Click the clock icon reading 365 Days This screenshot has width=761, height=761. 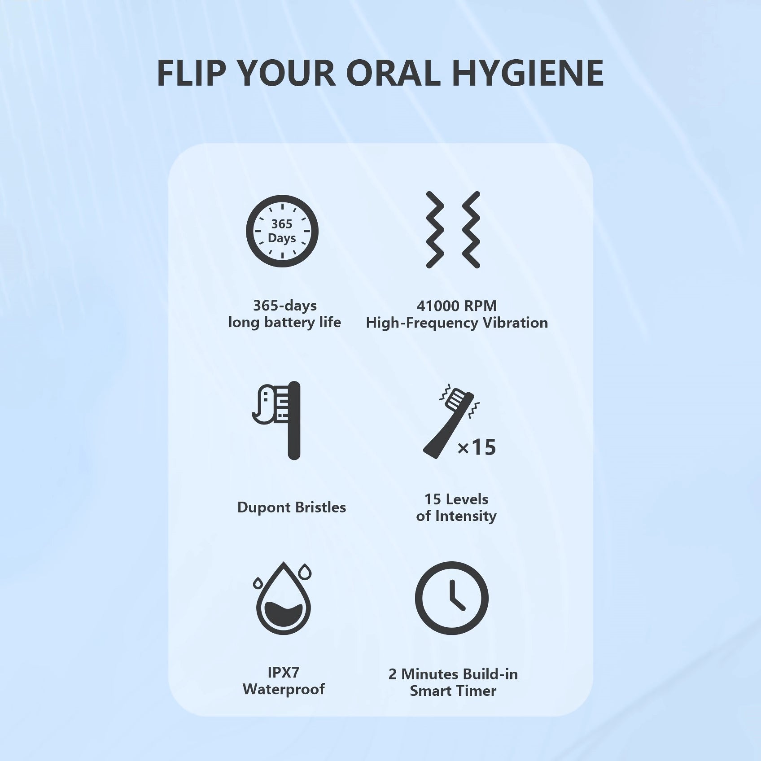pos(282,231)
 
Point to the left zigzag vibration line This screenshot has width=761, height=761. pos(435,230)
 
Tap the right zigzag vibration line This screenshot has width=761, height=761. pos(471,230)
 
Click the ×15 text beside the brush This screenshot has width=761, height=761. pos(477,447)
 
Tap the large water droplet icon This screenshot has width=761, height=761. pos(284,599)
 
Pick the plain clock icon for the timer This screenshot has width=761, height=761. pos(451,598)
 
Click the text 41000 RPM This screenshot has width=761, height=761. pos(457,306)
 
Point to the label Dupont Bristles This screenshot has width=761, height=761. pos(292,507)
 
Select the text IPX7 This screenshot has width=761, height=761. pos(283,672)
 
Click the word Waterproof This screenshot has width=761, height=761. pos(284,689)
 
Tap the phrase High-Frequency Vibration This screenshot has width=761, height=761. pos(457,323)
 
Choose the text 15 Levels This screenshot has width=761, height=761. pos(456,499)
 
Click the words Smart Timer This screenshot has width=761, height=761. pos(453,691)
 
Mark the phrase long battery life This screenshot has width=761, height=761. pos(284,322)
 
